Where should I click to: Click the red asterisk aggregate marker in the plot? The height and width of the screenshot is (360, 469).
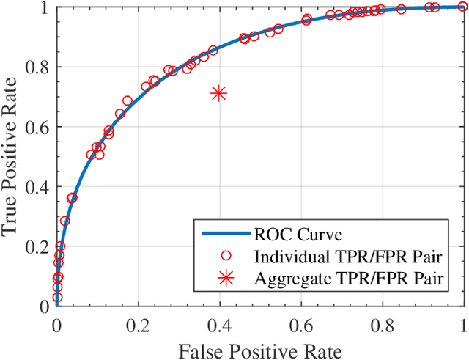(x=218, y=93)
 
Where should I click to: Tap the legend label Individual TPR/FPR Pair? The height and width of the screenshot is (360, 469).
(x=353, y=257)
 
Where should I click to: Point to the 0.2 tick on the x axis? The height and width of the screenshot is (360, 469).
(x=138, y=322)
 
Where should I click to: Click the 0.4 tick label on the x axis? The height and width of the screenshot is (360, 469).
(x=219, y=322)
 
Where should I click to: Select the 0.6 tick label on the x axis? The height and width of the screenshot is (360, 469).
(x=300, y=322)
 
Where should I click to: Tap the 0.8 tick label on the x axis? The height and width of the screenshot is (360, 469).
(x=382, y=322)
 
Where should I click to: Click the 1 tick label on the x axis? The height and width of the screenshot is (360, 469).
(x=462, y=322)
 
